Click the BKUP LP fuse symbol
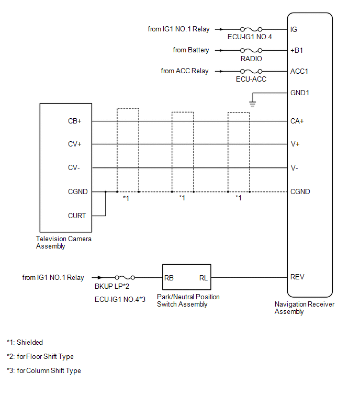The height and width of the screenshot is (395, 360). coord(125,278)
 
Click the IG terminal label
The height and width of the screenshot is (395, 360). coord(294,29)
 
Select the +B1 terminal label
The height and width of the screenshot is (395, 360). coord(297,51)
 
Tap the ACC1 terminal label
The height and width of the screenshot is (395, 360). coord(299,71)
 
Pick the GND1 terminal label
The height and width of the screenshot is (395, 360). coord(300,93)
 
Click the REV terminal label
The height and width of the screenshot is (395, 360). coord(297,277)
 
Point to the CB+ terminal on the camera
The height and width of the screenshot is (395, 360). coord(75,121)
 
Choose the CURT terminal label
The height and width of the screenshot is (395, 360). coord(77,216)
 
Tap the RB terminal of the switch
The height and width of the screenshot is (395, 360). coord(169,278)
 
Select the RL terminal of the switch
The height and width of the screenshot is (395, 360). coord(203,278)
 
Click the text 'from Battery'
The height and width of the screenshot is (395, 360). coord(191,50)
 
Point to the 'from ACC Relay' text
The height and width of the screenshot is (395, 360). coord(185,71)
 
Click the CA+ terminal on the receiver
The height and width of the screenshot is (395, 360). coord(297,121)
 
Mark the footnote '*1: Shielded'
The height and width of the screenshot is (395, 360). coord(25,343)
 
